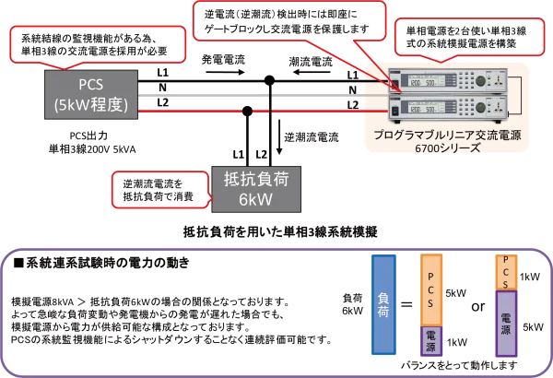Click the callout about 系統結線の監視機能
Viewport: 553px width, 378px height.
point(96,41)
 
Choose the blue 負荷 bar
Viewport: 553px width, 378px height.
point(384,305)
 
